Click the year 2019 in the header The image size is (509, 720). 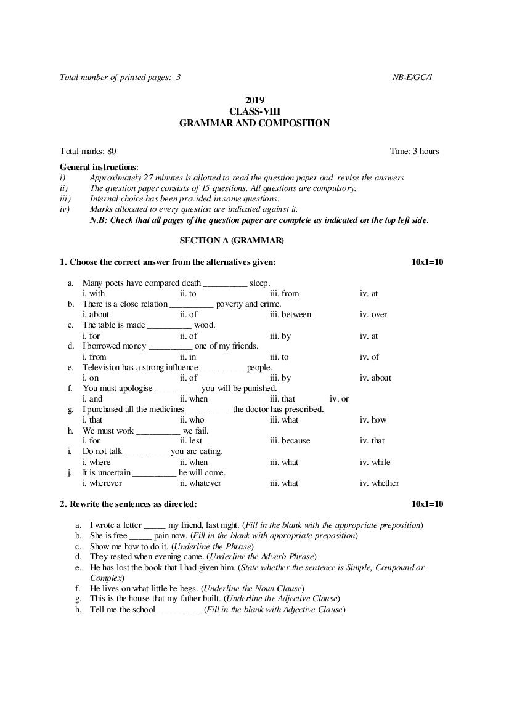coord(254,100)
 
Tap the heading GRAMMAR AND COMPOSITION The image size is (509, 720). coord(254,123)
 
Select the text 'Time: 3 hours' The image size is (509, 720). coord(414,151)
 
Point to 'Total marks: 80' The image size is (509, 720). coord(88,151)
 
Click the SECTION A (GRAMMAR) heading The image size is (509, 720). coord(232,240)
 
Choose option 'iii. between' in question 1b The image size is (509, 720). coord(290,315)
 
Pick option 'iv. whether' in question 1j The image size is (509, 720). coord(379,483)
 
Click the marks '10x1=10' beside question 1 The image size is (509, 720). coord(427,262)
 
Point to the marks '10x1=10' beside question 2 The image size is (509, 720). coord(427,504)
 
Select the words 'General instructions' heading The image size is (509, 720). coord(98,167)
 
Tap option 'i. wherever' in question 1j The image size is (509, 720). coord(102,483)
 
